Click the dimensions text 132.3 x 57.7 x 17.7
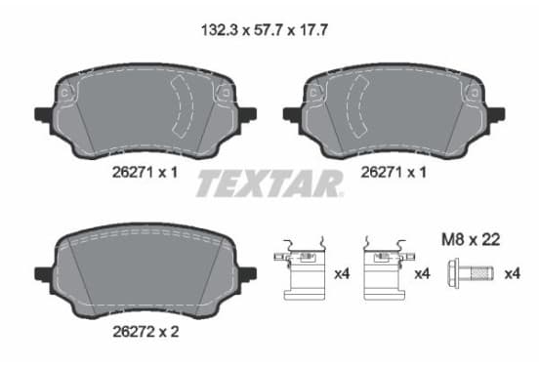click(x=265, y=30)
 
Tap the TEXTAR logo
click(x=269, y=183)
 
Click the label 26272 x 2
click(x=145, y=332)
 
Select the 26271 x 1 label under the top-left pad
click(x=145, y=172)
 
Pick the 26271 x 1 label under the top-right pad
click(x=394, y=172)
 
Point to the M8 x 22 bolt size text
click(x=471, y=239)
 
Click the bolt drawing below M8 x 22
click(x=471, y=273)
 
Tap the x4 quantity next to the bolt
click(x=513, y=274)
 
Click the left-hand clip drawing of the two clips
click(x=300, y=269)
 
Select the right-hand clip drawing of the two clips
click(x=390, y=269)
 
